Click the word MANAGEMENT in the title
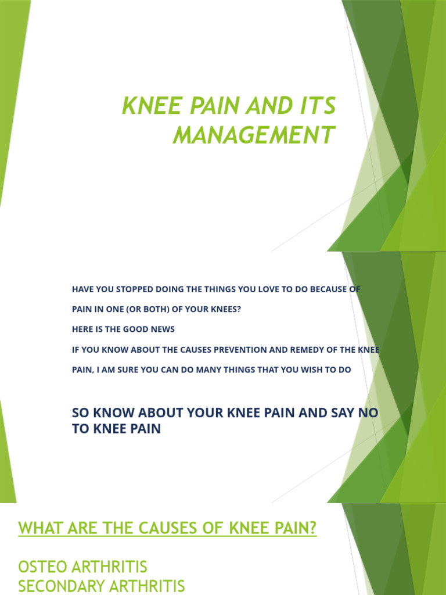click(254, 135)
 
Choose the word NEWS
click(163, 329)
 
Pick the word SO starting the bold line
click(80, 413)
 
